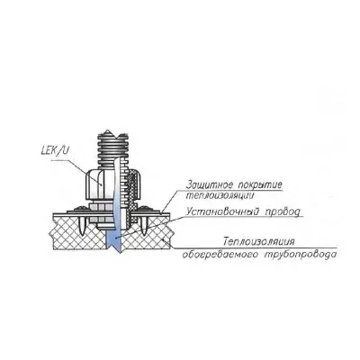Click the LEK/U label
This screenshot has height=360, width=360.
click(55, 150)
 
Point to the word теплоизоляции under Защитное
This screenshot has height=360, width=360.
click(220, 195)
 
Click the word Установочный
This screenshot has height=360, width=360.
click(223, 211)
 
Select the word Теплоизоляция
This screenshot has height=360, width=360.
click(259, 241)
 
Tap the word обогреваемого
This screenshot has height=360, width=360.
click(220, 255)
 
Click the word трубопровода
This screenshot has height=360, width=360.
click(301, 255)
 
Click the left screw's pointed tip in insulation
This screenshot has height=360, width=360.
click(83, 235)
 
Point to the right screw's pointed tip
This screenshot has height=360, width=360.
click(144, 235)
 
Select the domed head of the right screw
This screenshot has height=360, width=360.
click(144, 207)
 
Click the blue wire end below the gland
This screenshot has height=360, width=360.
click(113, 241)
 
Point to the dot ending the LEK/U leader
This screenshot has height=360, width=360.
click(102, 184)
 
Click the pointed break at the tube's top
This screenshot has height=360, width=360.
click(107, 130)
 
